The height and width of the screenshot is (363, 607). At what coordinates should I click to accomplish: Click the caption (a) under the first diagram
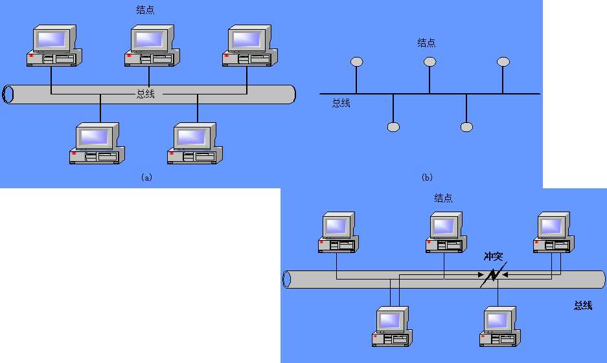click(146, 177)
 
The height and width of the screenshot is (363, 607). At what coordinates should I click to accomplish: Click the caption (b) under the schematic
click(427, 177)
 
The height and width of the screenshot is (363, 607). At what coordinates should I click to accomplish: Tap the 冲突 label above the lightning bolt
click(494, 256)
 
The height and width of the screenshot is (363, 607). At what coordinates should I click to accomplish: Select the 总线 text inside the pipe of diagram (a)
click(145, 94)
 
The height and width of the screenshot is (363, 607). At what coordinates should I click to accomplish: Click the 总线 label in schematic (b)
click(341, 103)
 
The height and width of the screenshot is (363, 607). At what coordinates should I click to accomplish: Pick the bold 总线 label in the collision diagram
click(582, 305)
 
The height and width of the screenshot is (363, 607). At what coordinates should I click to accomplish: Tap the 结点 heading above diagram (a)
click(146, 10)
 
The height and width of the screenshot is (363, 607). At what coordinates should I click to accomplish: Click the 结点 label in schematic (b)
click(427, 43)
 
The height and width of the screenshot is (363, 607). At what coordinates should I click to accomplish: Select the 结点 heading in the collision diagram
click(443, 199)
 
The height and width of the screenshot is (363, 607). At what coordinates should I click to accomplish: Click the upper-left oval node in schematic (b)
click(356, 61)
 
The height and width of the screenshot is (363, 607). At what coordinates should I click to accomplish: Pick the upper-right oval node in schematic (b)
click(503, 61)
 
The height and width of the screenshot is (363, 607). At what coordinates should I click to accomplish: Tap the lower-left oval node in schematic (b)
click(393, 127)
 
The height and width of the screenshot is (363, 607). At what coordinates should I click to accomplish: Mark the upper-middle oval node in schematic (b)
click(429, 61)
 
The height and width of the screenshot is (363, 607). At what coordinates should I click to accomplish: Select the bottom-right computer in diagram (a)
click(195, 144)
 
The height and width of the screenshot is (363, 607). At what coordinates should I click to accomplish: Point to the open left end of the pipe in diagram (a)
click(8, 94)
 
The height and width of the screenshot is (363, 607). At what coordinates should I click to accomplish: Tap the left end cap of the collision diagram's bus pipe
click(288, 280)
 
